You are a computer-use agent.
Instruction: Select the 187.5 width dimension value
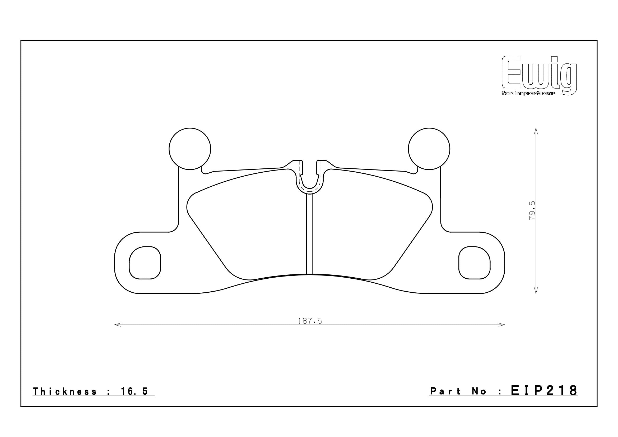pos(310,321)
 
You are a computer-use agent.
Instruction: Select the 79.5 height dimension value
pos(532,210)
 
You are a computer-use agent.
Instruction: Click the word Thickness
pos(64,392)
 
